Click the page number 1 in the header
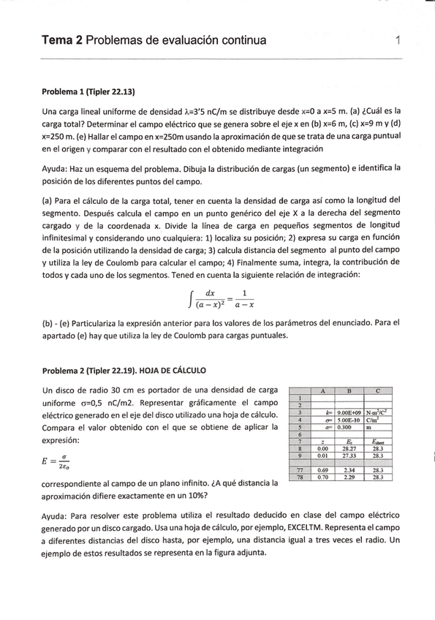click(x=396, y=40)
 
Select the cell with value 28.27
click(x=349, y=448)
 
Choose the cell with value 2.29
click(x=349, y=477)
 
